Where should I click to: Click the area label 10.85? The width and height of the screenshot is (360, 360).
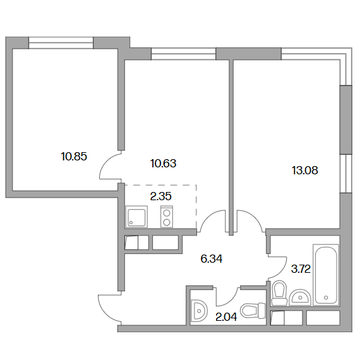pos(74,157)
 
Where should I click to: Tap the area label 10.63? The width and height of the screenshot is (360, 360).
pos(163,164)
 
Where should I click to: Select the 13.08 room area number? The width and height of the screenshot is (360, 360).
pos(305,171)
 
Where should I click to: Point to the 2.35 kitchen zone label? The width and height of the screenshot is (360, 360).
pos(160,196)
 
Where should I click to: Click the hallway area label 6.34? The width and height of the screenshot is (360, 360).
pos(212,259)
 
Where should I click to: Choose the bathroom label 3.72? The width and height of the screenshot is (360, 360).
pos(301,269)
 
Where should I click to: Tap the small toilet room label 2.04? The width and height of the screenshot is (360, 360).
pos(226,318)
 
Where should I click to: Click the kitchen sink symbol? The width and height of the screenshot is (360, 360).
pos(136,217)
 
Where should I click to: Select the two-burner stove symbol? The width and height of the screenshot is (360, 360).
pos(167,217)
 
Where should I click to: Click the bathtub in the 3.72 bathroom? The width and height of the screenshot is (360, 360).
pos(326,275)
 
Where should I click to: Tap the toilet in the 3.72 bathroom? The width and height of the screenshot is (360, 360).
pos(279,293)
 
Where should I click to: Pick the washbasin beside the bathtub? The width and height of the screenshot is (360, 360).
pos(300,297)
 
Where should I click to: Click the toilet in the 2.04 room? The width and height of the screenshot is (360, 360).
pos(253,309)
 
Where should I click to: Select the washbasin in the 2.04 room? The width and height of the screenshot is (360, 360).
pos(199,311)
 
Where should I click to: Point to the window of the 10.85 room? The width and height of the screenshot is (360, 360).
pos(61,43)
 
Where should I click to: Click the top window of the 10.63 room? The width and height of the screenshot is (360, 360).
pos(184,54)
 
